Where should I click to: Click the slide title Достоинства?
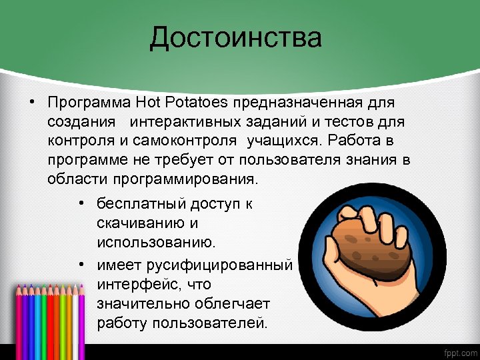pyautogui.click(x=235, y=37)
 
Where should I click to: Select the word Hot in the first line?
pyautogui.click(x=150, y=104)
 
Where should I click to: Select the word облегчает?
pyautogui.click(x=231, y=304)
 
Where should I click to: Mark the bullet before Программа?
pyautogui.click(x=31, y=104)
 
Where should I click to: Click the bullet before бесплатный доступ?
pyautogui.click(x=79, y=203)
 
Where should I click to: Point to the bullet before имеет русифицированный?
pyautogui.click(x=79, y=265)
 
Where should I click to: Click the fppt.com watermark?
pyautogui.click(x=458, y=351)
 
